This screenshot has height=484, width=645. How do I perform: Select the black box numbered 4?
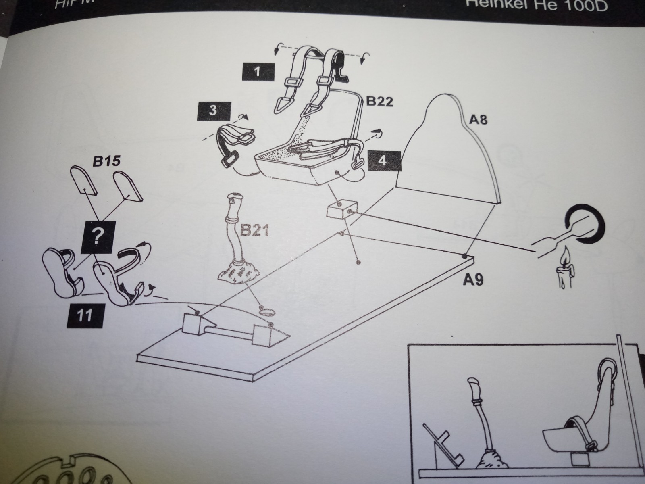[x=383, y=161]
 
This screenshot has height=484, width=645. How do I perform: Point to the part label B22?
[x=379, y=101]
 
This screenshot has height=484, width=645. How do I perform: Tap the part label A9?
[x=473, y=280]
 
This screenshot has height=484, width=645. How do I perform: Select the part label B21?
[x=254, y=230]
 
